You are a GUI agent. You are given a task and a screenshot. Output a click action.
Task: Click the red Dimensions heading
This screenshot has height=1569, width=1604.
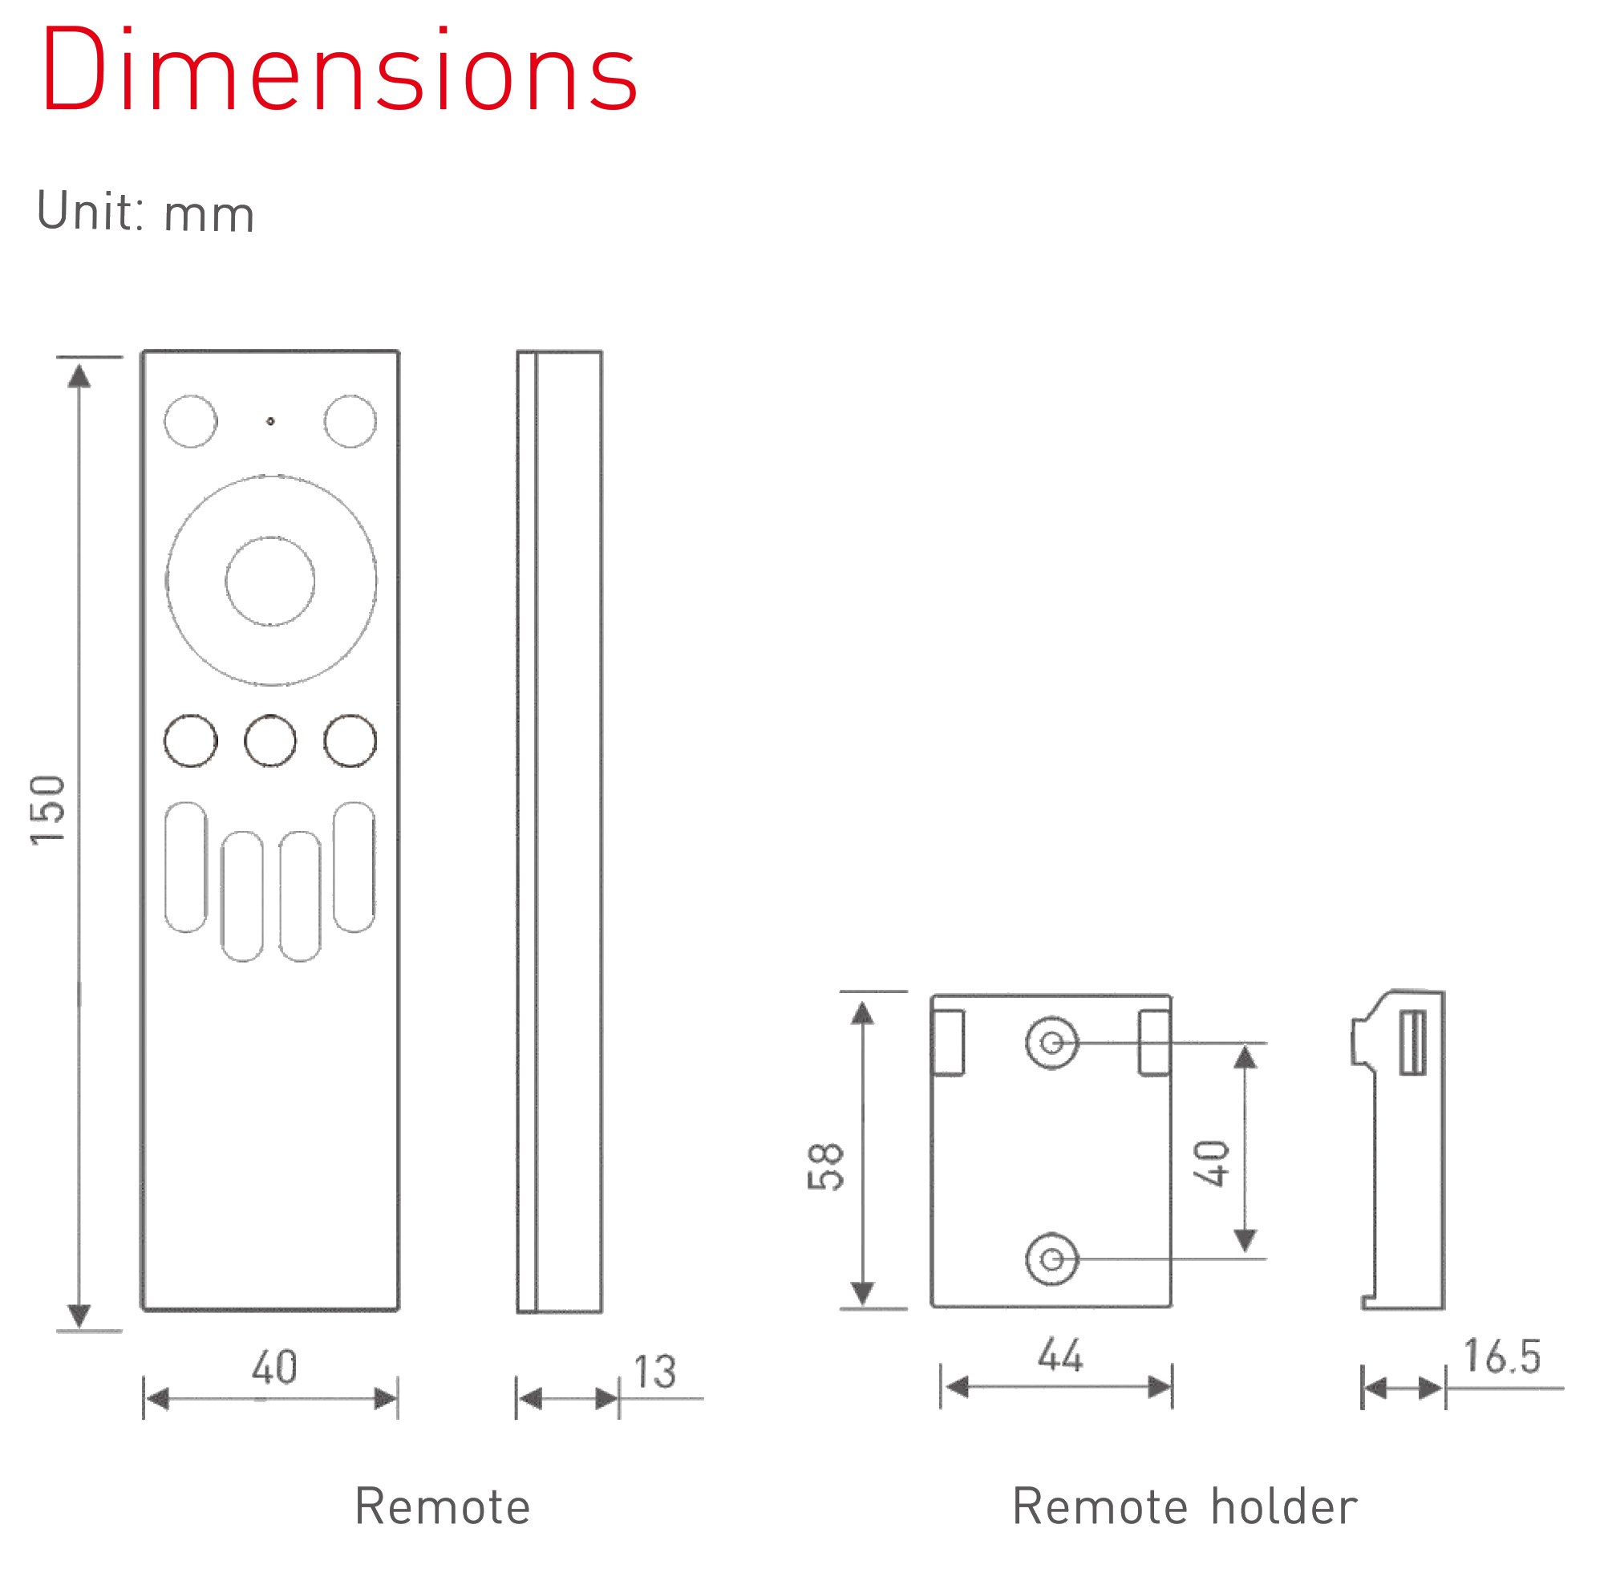tap(338, 71)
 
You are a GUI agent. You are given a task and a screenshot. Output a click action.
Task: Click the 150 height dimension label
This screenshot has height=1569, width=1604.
tap(48, 810)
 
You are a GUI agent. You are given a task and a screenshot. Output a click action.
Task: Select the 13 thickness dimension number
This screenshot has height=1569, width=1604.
tap(655, 1372)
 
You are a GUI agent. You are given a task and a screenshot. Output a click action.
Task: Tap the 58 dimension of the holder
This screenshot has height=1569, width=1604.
tap(825, 1167)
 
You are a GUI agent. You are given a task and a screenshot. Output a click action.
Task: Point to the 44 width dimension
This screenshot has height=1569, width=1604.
tap(1059, 1356)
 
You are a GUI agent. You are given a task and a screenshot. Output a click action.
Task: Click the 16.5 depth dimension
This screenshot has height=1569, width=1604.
tap(1502, 1357)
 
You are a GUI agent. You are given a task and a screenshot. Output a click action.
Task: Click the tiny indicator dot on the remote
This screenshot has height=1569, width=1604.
tap(270, 421)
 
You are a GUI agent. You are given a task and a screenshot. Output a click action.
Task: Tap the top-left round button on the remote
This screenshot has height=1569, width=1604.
tap(190, 421)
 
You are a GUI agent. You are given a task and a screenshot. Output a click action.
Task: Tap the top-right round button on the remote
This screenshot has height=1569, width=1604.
tap(350, 421)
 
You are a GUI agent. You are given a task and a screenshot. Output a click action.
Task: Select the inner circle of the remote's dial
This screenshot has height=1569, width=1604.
tap(270, 581)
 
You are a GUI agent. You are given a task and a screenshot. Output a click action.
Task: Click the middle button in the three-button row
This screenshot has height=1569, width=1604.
tap(270, 741)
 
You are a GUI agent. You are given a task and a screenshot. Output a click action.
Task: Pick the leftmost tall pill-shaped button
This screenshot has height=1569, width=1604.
tap(185, 867)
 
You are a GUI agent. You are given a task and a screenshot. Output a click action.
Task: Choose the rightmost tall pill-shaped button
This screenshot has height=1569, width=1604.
tap(354, 867)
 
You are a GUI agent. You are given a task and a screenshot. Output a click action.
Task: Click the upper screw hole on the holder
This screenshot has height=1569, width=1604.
tap(1051, 1044)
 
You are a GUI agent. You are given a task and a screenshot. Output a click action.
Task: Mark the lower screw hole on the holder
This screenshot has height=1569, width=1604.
tap(1051, 1259)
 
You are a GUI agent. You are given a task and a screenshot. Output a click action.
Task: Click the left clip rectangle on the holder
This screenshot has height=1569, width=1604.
tap(948, 1043)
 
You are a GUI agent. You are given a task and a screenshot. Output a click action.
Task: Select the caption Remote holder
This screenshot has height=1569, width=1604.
tap(1184, 1506)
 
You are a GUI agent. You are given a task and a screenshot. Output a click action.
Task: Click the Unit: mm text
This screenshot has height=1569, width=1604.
tap(145, 212)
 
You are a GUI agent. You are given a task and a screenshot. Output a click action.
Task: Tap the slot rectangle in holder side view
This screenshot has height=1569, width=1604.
tap(1413, 1043)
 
